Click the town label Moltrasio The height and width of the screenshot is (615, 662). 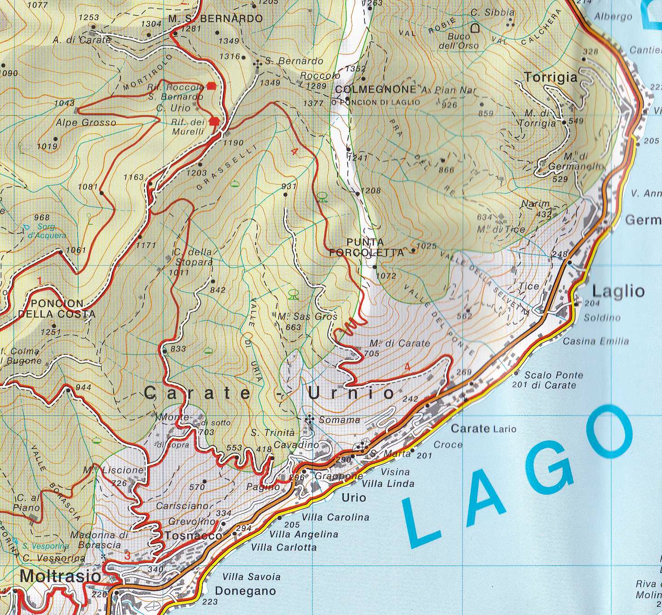[60, 576]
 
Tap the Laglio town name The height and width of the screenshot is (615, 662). [618, 291]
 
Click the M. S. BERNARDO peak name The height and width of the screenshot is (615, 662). [215, 19]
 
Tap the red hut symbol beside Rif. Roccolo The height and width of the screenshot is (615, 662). [211, 85]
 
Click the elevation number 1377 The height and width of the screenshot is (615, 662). [313, 103]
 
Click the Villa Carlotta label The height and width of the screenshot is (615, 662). [284, 547]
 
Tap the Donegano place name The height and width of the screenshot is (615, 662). [245, 591]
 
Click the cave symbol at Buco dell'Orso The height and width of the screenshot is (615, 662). [475, 29]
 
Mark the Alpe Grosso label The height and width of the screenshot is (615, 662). [86, 122]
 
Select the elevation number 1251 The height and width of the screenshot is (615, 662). [50, 332]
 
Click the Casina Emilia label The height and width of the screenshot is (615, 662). [596, 341]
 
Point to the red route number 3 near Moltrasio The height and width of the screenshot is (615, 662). [128, 555]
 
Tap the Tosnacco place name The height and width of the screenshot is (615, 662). [193, 535]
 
